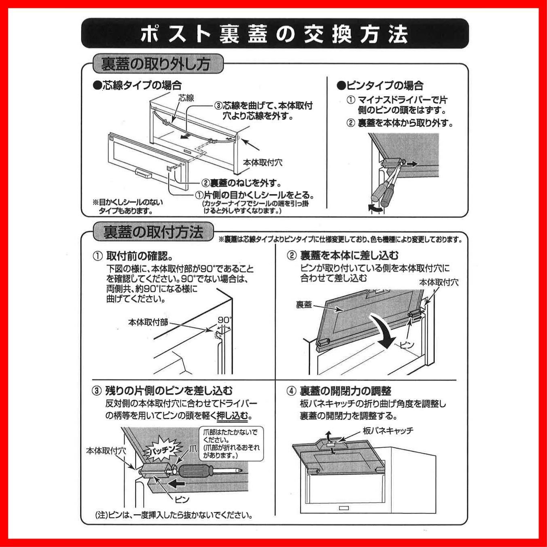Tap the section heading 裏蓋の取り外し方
[156, 64]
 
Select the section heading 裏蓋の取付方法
[153, 232]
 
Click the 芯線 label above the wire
[186, 98]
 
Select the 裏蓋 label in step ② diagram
[304, 305]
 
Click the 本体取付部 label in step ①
[148, 322]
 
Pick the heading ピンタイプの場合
[380, 85]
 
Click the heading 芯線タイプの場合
[137, 85]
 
